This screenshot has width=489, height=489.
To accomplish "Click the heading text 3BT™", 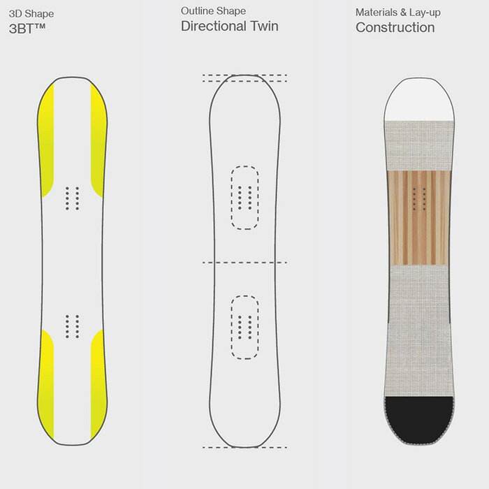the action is [x=27, y=29].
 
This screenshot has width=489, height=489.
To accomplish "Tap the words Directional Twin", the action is [x=230, y=26].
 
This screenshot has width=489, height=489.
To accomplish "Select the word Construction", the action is [x=395, y=27].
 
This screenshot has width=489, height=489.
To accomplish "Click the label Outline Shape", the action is [x=213, y=11].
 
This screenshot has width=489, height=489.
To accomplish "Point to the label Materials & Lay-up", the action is [x=398, y=13].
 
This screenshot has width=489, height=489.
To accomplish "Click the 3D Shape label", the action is [x=31, y=14].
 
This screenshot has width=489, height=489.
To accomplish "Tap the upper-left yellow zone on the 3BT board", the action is [x=46, y=140].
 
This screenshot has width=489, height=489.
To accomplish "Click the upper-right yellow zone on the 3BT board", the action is [x=98, y=140].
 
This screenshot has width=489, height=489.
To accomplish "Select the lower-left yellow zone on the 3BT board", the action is [x=46, y=384].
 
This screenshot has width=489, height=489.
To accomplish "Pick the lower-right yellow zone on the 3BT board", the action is [x=98, y=384].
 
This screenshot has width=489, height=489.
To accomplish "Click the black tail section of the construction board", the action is [x=419, y=418].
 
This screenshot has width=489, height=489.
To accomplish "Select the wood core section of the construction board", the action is [x=419, y=218].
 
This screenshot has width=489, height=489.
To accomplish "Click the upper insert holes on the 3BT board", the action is [x=72, y=198].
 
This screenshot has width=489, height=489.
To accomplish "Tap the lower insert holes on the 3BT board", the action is [x=72, y=326].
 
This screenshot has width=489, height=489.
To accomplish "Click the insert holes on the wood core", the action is [x=419, y=199].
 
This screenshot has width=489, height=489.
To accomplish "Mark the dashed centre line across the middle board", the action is [x=245, y=263].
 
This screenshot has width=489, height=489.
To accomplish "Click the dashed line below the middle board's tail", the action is [x=245, y=448].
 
